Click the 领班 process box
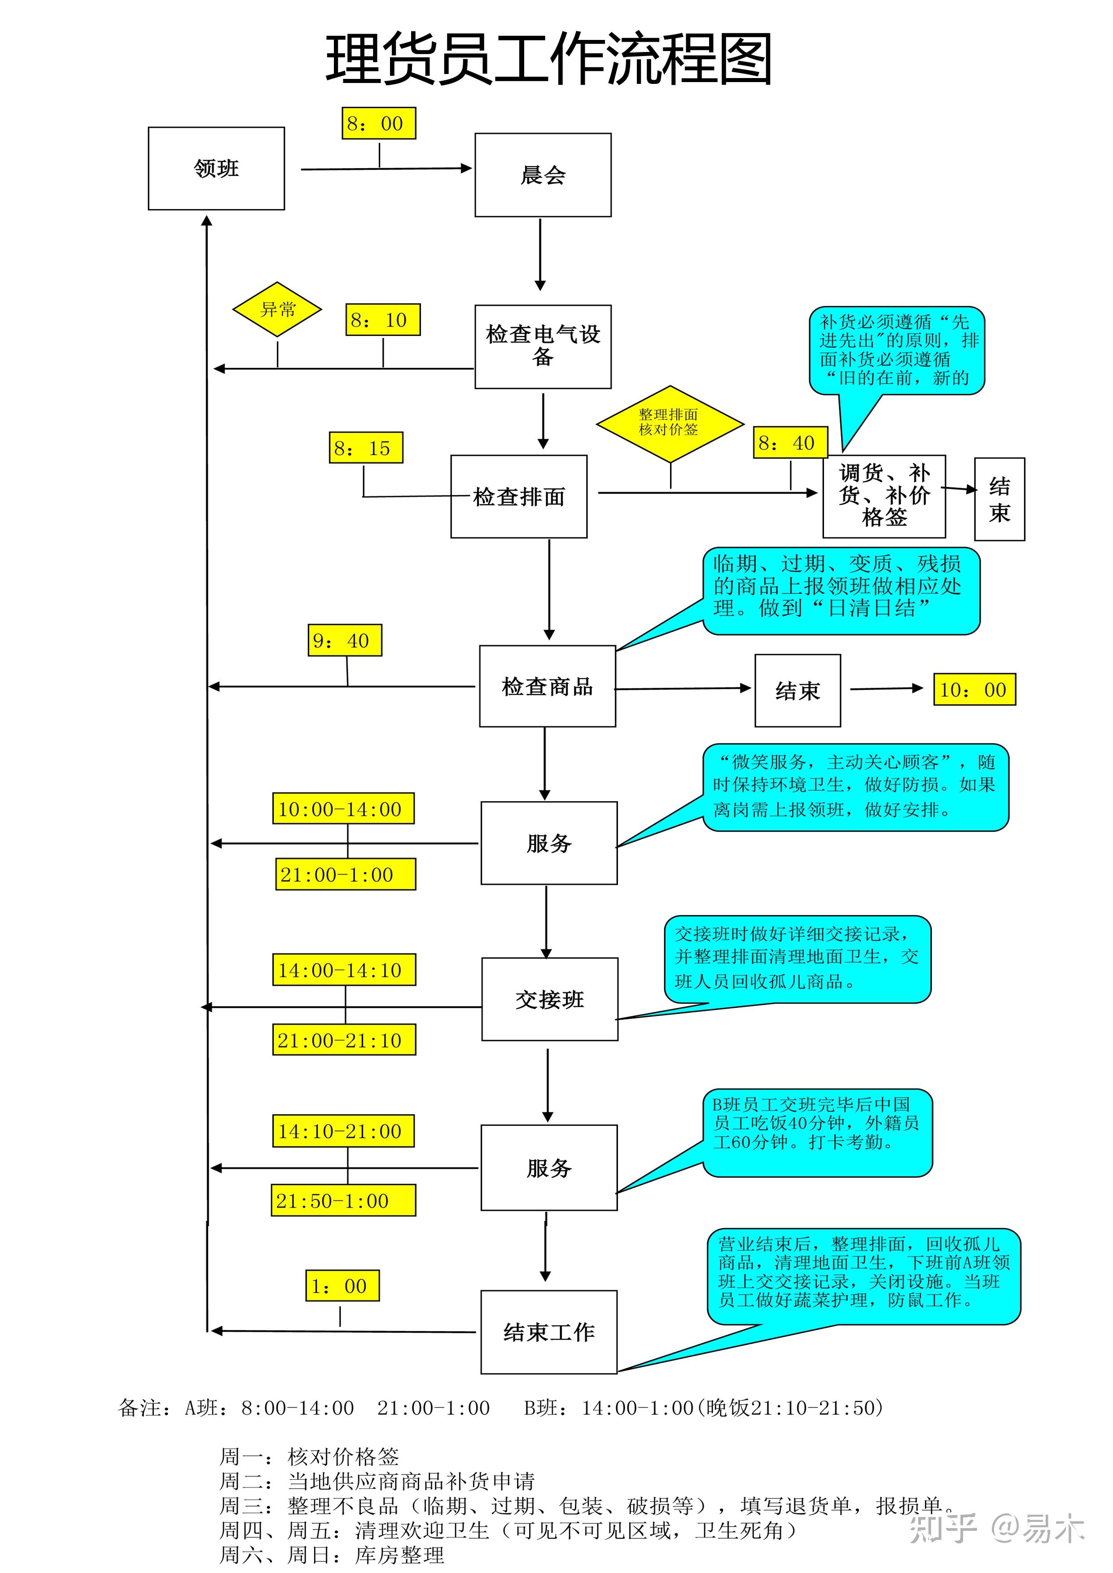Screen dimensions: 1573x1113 (216, 169)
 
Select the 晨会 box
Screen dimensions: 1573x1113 (543, 175)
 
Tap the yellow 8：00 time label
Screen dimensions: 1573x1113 (378, 123)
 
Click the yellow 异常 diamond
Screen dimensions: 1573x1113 (277, 309)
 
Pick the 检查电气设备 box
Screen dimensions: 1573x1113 (543, 347)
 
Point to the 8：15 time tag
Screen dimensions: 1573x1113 (365, 448)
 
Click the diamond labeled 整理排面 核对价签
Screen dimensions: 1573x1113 (670, 423)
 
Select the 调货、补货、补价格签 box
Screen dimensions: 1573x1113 (884, 496)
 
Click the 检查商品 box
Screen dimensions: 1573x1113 (547, 686)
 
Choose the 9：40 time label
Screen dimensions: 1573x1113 (344, 641)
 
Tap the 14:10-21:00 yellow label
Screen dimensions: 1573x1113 (343, 1131)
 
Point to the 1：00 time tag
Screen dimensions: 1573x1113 (342, 1286)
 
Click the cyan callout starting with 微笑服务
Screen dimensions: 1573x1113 (855, 787)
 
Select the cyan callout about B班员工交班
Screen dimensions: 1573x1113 (818, 1132)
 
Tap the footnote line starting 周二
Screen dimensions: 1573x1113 (377, 1481)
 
